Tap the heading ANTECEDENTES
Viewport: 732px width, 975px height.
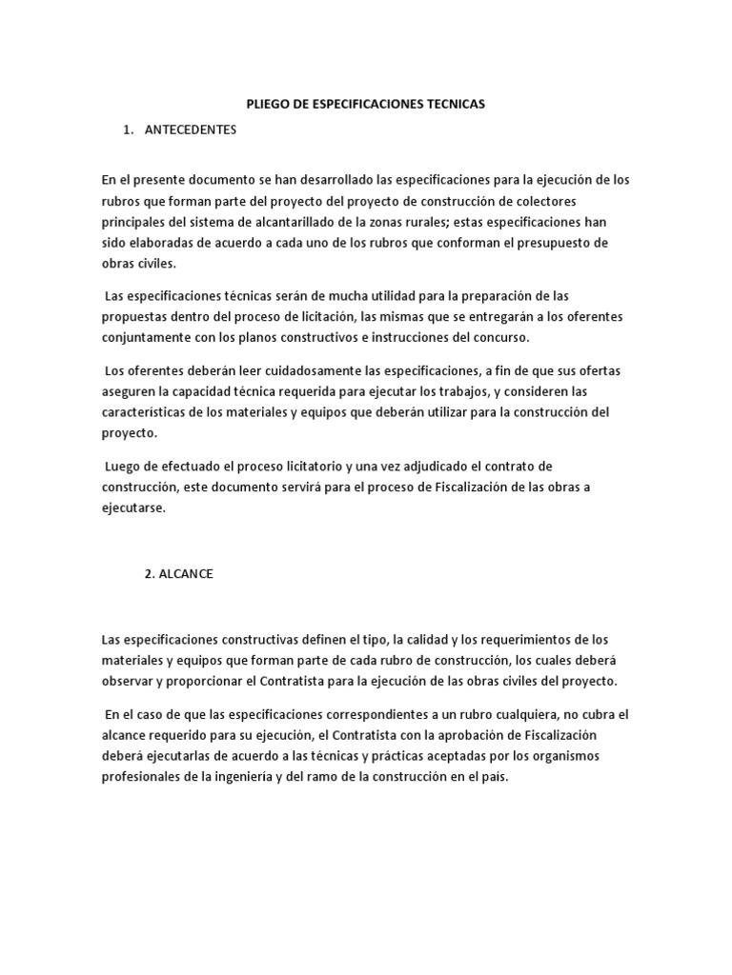coord(190,130)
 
